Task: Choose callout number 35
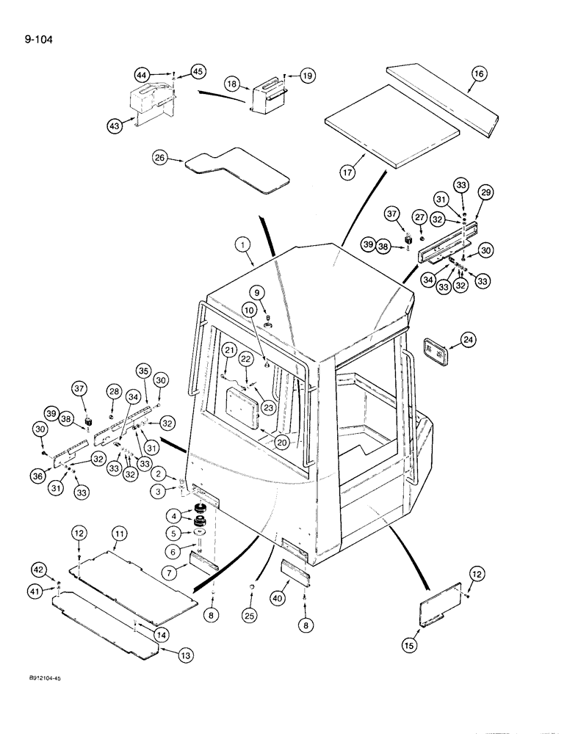tap(143, 370)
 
